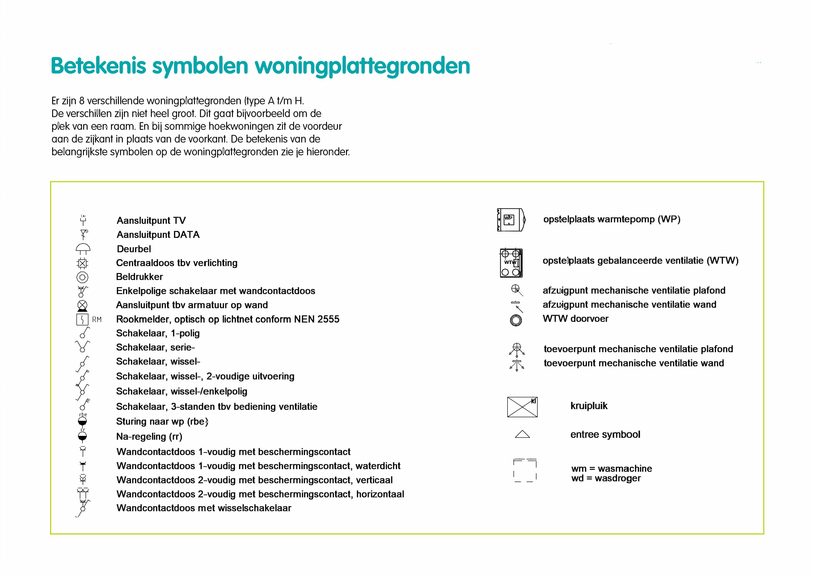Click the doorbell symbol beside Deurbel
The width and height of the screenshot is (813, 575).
pyautogui.click(x=83, y=249)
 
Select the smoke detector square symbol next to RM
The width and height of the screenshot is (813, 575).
pyautogui.click(x=82, y=319)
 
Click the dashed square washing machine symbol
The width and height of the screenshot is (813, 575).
pyautogui.click(x=525, y=470)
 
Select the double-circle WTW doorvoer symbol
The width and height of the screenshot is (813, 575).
pyautogui.click(x=516, y=320)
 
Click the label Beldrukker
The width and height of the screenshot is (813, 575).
pyautogui.click(x=140, y=277)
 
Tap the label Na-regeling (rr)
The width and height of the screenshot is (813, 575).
pyautogui.click(x=149, y=437)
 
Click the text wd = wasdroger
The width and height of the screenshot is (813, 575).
pyautogui.click(x=606, y=478)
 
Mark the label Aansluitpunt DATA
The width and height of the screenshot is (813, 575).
pyautogui.click(x=158, y=235)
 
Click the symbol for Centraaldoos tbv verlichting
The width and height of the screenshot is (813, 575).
pyautogui.click(x=82, y=263)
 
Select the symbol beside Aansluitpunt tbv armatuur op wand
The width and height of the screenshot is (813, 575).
pyautogui.click(x=82, y=305)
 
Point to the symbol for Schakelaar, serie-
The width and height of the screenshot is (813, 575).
pyautogui.click(x=82, y=346)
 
